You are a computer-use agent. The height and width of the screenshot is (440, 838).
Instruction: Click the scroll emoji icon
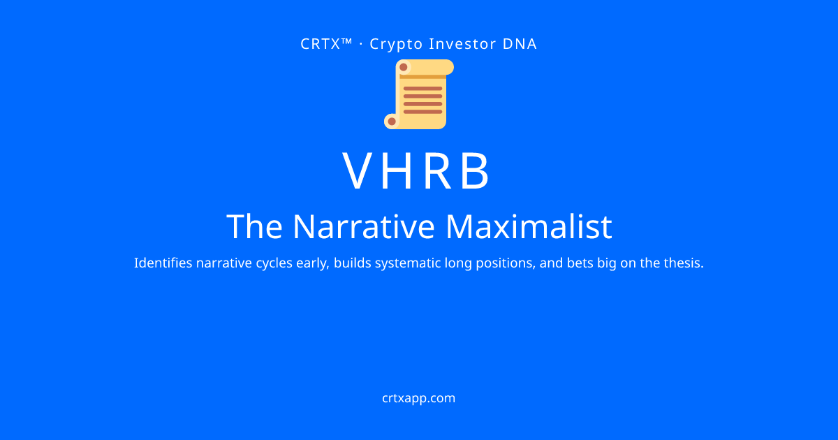419,94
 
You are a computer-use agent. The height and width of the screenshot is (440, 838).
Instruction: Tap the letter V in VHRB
360,170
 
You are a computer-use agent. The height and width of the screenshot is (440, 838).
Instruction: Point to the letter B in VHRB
475,170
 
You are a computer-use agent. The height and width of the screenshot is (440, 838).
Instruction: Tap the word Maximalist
529,226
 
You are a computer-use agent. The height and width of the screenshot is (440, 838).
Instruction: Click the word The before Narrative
254,226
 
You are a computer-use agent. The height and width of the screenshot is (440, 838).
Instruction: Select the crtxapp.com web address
418,398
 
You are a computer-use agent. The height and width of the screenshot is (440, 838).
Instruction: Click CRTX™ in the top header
326,44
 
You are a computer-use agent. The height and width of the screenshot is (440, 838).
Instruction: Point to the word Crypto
396,45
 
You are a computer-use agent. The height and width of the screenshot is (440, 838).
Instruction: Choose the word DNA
520,44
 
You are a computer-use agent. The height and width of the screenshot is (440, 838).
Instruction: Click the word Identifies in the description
163,263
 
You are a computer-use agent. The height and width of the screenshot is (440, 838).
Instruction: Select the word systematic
408,263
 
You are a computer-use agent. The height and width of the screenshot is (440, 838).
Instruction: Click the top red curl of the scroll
404,67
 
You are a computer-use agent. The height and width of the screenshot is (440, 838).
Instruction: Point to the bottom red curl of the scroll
392,122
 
